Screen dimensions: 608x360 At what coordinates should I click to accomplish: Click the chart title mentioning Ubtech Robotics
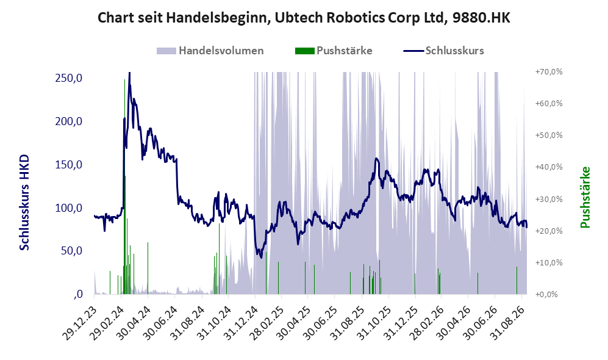(304, 18)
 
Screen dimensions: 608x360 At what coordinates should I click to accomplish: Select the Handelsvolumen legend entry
(210, 51)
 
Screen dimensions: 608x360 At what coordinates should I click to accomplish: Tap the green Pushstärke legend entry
(334, 51)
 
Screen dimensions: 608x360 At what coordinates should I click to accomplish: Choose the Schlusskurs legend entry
(443, 51)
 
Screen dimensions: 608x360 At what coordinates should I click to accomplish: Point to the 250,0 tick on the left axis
(69, 78)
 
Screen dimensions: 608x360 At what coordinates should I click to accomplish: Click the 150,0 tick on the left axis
(69, 165)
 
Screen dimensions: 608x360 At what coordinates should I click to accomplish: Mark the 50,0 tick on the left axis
(71, 251)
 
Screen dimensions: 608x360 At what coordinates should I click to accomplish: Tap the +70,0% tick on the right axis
(549, 72)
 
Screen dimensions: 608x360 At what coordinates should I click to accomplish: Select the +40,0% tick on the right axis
(549, 167)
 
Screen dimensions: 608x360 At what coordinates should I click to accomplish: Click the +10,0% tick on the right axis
(549, 262)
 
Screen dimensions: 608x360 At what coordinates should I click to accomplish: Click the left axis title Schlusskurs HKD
(24, 203)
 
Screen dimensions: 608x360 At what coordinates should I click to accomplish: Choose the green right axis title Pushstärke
(585, 197)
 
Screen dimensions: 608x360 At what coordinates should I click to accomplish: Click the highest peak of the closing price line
(129, 73)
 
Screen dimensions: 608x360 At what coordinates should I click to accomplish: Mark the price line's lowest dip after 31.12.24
(261, 257)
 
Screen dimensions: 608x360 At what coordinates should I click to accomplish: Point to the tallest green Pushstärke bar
(124, 187)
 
